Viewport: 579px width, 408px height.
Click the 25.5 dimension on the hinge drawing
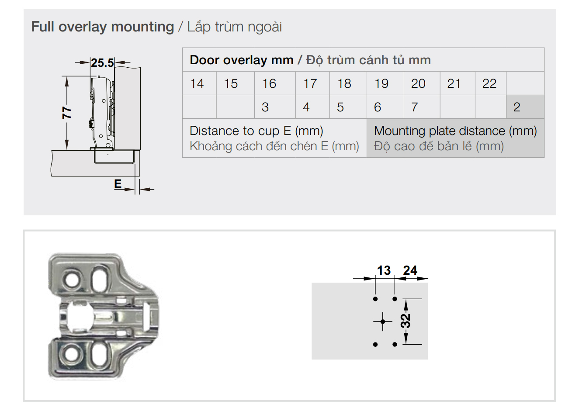(x=102, y=63)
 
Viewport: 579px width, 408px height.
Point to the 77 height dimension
(x=66, y=113)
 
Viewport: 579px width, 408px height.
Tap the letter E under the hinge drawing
(x=118, y=183)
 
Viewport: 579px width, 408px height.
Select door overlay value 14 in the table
(x=197, y=83)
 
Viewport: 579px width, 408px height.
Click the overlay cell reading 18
(x=344, y=83)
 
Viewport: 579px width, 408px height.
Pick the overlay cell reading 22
(x=489, y=83)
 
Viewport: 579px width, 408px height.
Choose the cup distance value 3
(x=265, y=107)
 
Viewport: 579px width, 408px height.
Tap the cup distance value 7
(x=415, y=107)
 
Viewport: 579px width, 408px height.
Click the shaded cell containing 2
(x=517, y=107)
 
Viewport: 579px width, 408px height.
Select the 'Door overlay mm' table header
(x=242, y=60)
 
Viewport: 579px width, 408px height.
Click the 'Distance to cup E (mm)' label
(x=257, y=131)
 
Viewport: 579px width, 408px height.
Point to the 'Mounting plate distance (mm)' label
(x=455, y=131)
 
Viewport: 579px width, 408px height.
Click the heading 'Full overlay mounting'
(x=103, y=27)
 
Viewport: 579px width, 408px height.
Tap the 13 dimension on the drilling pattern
(x=384, y=270)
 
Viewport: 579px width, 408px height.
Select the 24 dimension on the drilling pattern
(x=410, y=270)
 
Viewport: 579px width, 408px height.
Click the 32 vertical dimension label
(x=406, y=321)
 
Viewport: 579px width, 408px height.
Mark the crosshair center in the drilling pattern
(x=383, y=322)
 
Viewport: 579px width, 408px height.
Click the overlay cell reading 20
(x=418, y=83)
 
